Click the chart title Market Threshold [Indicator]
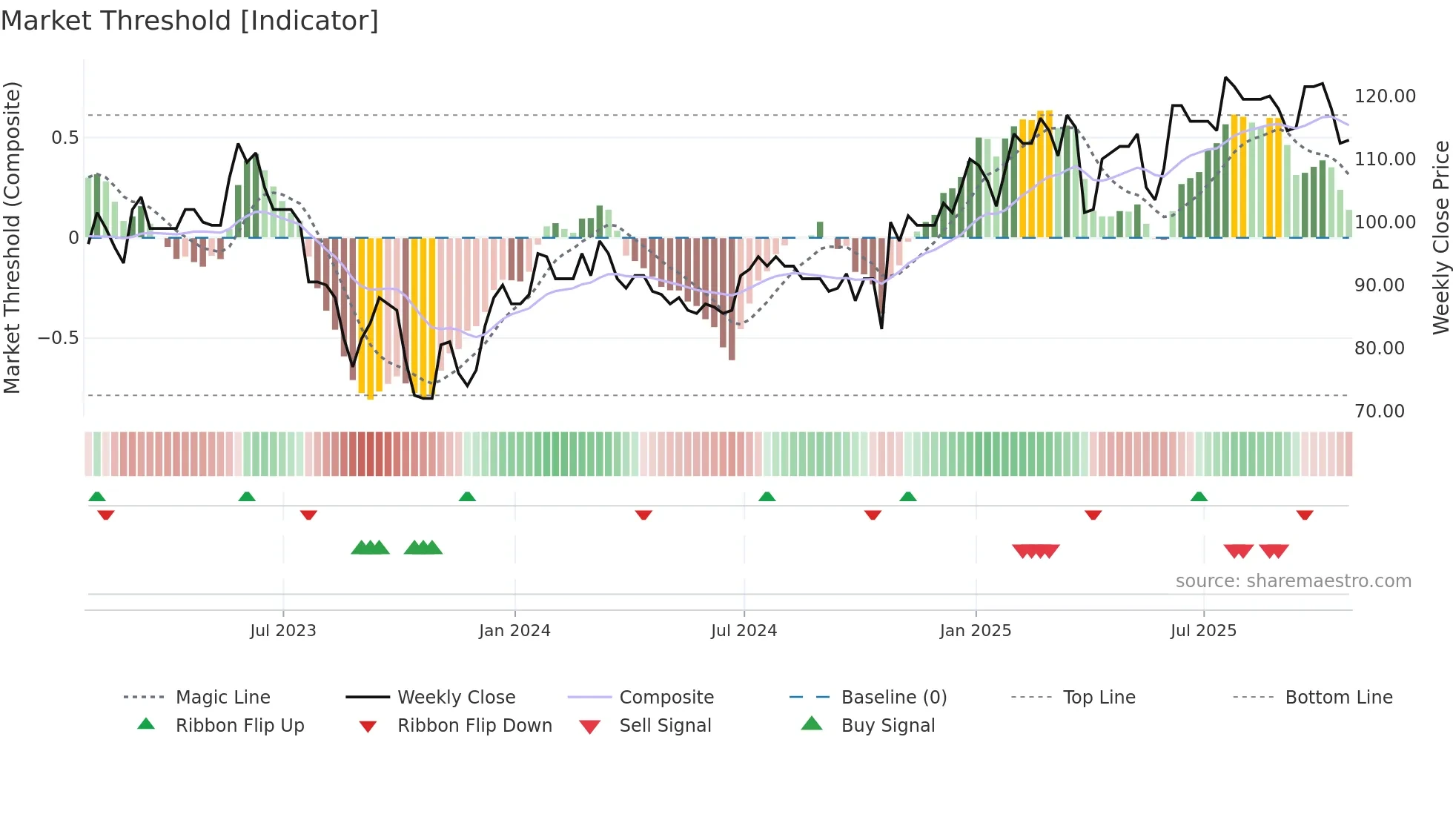(190, 21)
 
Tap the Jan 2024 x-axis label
(514, 631)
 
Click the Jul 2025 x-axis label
(1203, 631)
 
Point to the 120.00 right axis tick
(1385, 96)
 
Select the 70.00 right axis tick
(1379, 411)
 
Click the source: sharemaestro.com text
(1293, 581)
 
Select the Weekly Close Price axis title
(1440, 237)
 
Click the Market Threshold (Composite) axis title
(12, 237)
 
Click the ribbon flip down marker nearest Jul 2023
(308, 515)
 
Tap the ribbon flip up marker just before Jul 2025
(1199, 497)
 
